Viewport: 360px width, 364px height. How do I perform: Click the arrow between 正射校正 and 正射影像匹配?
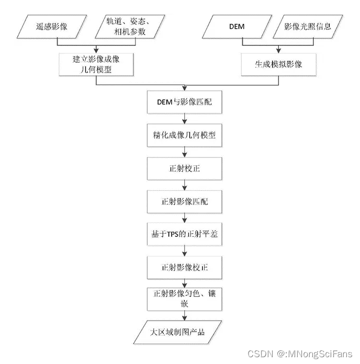coord(184,185)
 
